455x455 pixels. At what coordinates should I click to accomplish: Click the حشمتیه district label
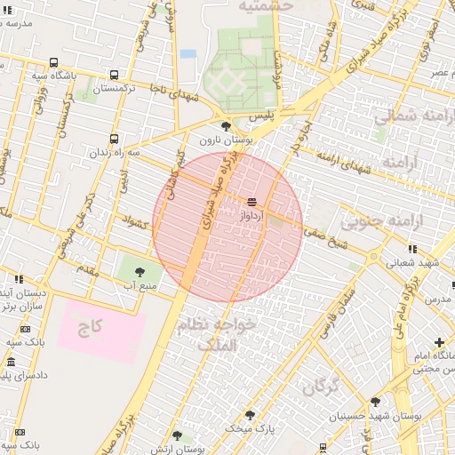point(265,5)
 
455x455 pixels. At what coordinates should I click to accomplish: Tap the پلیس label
point(260,116)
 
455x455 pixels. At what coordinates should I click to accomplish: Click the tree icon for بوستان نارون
point(226,126)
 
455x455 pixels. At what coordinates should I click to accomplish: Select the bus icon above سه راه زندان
point(114,139)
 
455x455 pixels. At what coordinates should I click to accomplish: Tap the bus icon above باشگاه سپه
point(54,63)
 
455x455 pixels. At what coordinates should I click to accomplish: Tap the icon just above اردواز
point(251,203)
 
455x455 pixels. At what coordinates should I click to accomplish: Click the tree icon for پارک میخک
point(249,414)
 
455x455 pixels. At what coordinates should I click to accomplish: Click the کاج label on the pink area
point(90,327)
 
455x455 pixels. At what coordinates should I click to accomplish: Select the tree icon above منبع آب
point(139,271)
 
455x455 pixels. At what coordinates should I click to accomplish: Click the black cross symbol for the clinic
point(439,342)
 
